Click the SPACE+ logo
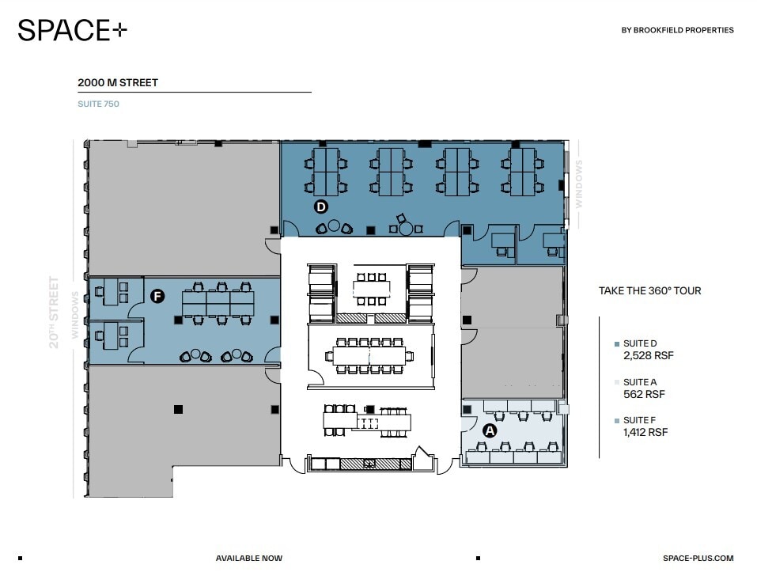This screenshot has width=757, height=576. point(72,31)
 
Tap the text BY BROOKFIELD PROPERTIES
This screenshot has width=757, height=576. point(678,31)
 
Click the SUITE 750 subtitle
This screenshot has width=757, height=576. point(98,104)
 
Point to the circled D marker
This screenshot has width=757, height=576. point(321,207)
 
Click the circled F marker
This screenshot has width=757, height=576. point(157,297)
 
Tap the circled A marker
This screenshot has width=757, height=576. point(490,430)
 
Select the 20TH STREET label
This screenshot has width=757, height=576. point(55,312)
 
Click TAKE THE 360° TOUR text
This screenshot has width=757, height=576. point(649,291)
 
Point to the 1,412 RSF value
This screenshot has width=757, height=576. point(645,432)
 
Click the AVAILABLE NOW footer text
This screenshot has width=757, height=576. point(248,559)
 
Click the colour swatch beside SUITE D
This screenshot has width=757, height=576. point(617,344)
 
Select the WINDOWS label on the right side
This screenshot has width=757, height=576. point(579,184)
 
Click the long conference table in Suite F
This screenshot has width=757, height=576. point(218,302)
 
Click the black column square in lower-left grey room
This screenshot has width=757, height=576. point(178,409)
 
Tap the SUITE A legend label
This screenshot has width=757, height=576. point(639,382)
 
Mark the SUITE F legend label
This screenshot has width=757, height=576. point(639,420)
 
